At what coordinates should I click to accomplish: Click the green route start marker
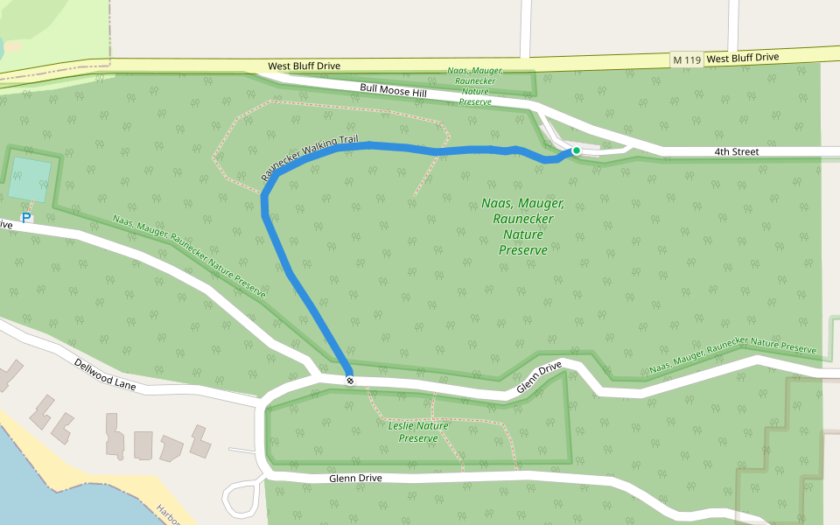click(x=576, y=151)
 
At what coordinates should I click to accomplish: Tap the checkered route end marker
click(x=350, y=380)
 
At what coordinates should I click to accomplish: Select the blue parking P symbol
click(x=26, y=217)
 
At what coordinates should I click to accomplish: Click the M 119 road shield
click(x=686, y=59)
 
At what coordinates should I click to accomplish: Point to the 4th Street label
click(x=736, y=152)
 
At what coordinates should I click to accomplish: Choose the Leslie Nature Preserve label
click(x=417, y=431)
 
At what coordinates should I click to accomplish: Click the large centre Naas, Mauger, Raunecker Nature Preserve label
click(x=523, y=227)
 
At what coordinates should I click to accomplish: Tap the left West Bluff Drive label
click(x=304, y=66)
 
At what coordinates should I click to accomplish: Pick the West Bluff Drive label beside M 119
click(x=742, y=58)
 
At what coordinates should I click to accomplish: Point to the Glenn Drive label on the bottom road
click(x=356, y=479)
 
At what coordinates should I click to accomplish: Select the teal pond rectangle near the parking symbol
click(x=30, y=178)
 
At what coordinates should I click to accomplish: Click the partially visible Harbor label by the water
click(x=167, y=514)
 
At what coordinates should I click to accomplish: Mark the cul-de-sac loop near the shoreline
click(x=241, y=499)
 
